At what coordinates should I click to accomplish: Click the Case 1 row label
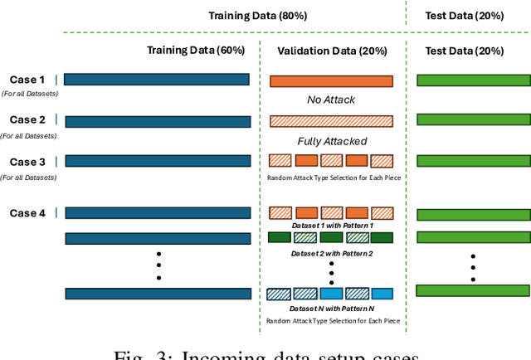click(27, 80)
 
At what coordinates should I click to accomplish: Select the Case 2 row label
click(27, 120)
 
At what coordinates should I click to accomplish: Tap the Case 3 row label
click(27, 161)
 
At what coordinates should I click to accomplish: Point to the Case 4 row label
click(27, 213)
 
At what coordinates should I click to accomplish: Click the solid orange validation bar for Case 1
click(330, 81)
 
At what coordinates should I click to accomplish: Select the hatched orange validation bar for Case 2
click(330, 121)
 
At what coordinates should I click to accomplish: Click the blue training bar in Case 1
click(157, 80)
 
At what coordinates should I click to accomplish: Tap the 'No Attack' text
click(330, 100)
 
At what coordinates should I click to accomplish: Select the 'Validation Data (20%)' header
click(330, 51)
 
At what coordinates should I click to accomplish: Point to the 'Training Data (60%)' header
click(196, 51)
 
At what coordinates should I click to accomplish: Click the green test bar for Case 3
click(473, 161)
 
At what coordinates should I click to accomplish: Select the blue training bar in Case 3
click(157, 161)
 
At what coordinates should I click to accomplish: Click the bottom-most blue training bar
click(157, 294)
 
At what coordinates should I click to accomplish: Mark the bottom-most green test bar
click(473, 290)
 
